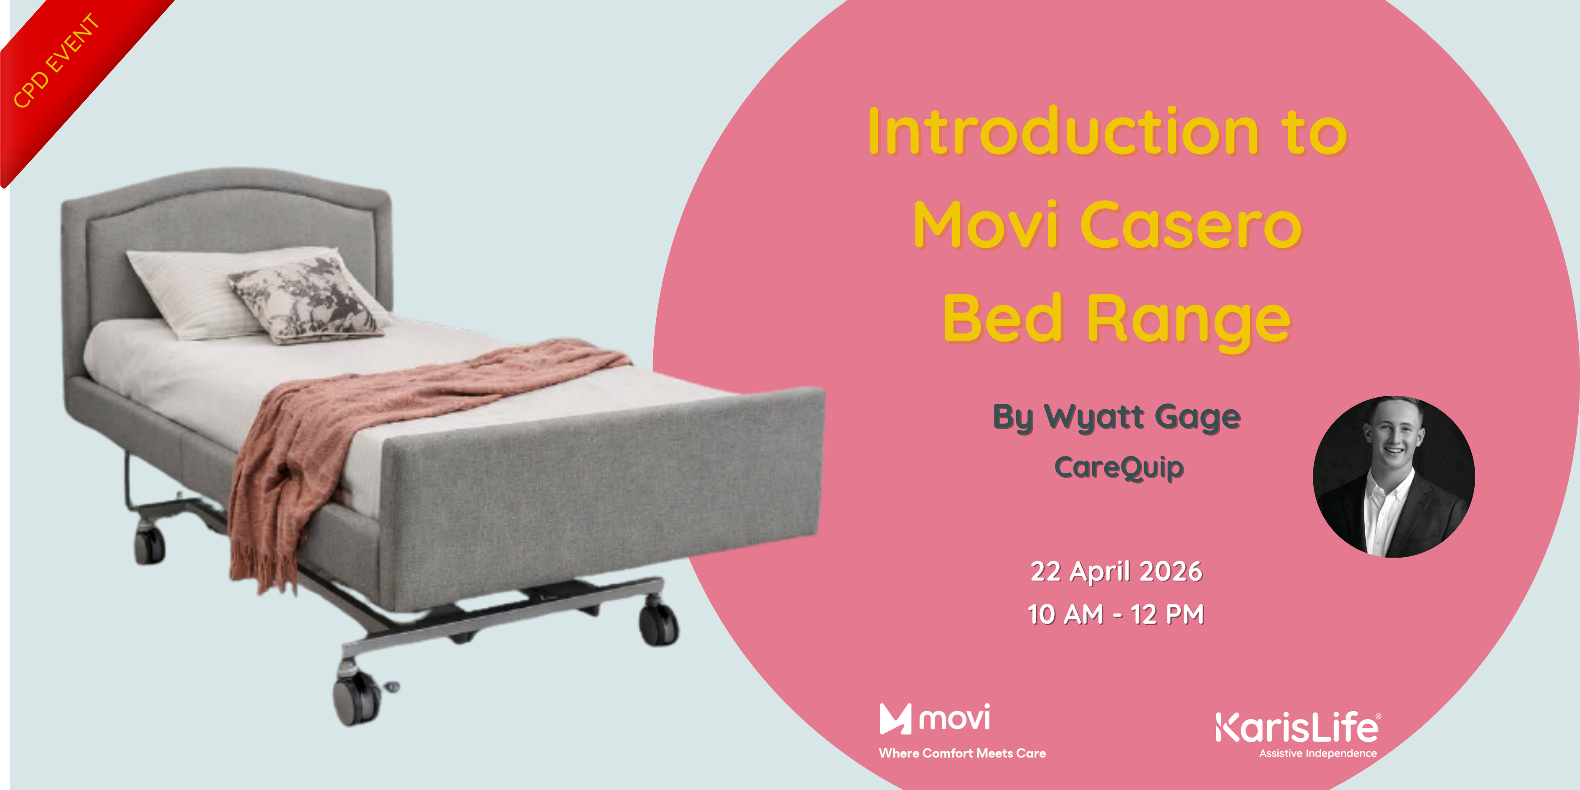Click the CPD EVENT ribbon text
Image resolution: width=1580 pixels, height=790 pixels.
56,61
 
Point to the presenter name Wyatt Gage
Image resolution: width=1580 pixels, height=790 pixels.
1142,417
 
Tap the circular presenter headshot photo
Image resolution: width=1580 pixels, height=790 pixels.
1394,477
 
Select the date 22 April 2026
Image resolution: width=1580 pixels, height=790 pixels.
1116,572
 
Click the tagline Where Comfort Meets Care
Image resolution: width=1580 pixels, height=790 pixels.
962,753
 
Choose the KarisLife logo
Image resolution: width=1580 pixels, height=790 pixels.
1297,728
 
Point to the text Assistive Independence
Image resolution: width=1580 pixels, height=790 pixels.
1318,753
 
